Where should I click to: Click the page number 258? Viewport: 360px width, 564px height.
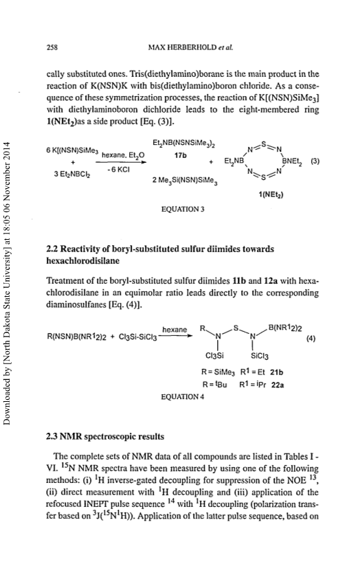pos(52,47)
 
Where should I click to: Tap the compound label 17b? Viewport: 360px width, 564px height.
pos(179,156)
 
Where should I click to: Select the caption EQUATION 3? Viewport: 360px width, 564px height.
pos(183,209)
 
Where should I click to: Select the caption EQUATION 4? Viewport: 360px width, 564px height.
pos(183,397)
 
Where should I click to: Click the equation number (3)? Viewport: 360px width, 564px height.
pos(315,161)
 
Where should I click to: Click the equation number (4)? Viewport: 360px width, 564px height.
pos(311,339)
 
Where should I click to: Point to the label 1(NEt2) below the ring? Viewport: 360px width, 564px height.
pos(271,194)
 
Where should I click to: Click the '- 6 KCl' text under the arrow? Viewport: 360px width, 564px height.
pos(118,170)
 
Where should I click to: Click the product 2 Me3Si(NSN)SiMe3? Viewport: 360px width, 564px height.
pos(185,180)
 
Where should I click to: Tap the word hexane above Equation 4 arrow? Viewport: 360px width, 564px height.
pos(175,330)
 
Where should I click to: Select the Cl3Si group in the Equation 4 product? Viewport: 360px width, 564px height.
pos(214,356)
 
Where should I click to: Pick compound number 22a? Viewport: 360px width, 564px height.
pos(278,385)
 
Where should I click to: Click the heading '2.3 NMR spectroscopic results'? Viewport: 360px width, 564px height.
pos(105,437)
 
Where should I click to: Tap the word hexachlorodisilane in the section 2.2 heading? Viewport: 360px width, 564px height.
pos(82,261)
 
